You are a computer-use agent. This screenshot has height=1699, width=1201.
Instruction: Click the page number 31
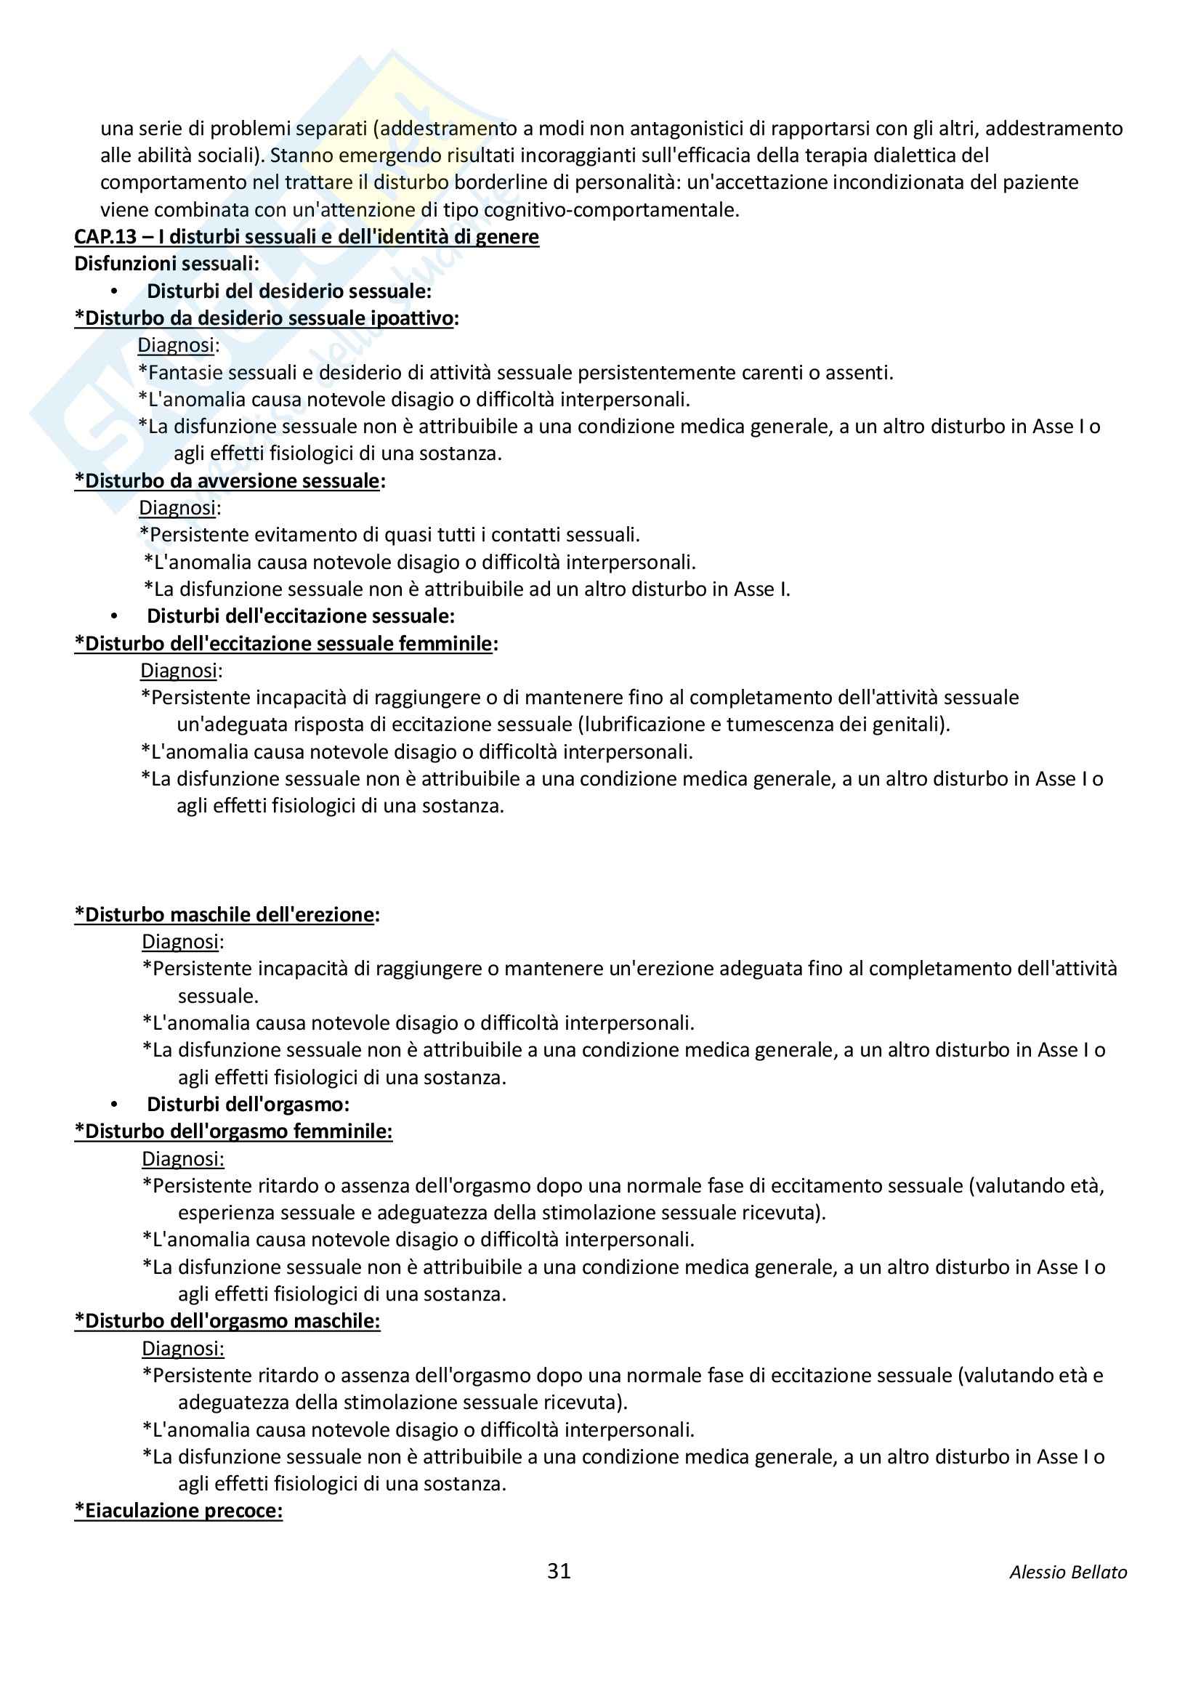coord(559,1570)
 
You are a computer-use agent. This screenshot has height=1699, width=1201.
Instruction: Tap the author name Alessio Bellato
coord(1068,1573)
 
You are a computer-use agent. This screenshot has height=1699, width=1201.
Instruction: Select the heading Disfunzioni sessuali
coord(166,264)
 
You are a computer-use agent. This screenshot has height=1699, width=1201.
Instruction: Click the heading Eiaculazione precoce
coord(178,1510)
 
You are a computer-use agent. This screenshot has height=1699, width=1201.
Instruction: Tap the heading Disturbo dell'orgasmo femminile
coord(233,1131)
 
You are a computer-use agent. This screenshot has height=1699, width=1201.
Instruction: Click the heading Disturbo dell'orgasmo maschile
coord(227,1321)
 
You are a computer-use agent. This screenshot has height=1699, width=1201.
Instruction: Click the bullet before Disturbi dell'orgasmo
coord(114,1105)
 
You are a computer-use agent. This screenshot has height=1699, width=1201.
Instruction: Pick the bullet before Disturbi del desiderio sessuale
coord(114,291)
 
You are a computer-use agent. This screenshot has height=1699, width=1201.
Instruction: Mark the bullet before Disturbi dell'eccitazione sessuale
coord(114,616)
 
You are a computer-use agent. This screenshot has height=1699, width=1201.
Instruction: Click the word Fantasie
coord(182,372)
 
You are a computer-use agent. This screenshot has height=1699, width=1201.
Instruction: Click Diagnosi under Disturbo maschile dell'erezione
coord(182,942)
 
